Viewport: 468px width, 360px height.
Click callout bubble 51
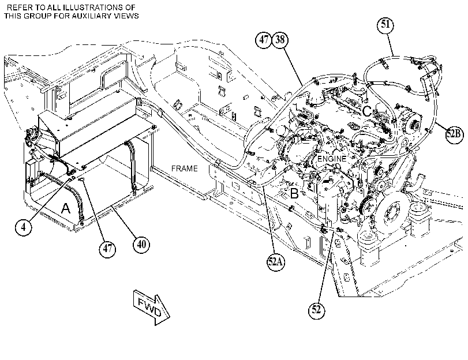[x=385, y=24]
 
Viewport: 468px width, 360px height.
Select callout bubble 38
[x=280, y=39]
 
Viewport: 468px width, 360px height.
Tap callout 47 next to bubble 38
[x=264, y=39]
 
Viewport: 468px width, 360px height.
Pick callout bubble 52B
[x=455, y=134]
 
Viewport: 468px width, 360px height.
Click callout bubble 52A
[x=275, y=262]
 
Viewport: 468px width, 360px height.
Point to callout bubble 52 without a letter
[x=316, y=310]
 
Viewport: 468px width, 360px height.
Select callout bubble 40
[x=141, y=245]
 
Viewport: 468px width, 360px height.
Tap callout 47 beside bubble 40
[x=107, y=248]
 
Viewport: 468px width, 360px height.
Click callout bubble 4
[x=23, y=227]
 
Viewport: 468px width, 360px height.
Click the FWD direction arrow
[x=151, y=307]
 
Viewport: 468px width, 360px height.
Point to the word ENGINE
[x=332, y=159]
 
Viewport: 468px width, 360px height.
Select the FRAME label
[x=185, y=168]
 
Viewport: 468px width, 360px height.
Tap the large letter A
[x=66, y=208]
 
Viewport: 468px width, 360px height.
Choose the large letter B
[x=294, y=194]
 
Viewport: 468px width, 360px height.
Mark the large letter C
[x=366, y=111]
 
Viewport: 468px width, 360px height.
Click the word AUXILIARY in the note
[x=92, y=16]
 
